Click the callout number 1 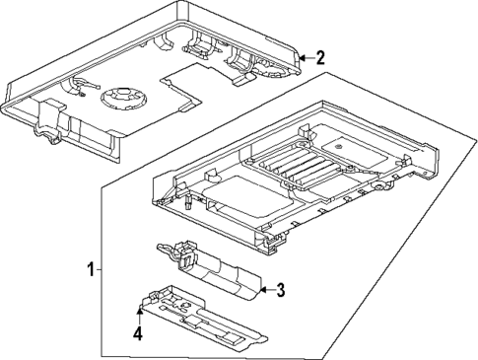(x=92, y=269)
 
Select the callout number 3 (x=280, y=289)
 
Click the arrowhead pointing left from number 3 (x=263, y=289)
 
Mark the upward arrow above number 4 (x=139, y=313)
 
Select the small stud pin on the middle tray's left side (x=186, y=208)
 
